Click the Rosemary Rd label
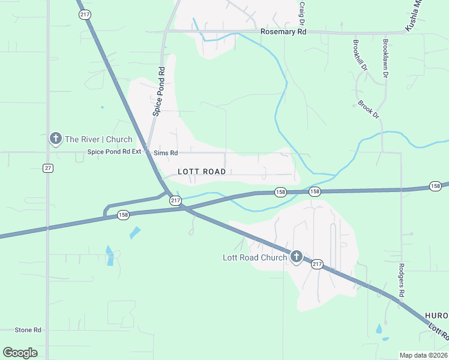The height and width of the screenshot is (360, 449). (283, 31)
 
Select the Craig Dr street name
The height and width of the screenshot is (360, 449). (302, 8)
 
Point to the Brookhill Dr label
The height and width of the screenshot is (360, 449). (360, 55)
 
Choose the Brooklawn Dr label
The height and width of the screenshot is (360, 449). (385, 58)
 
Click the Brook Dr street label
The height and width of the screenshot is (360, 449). (369, 109)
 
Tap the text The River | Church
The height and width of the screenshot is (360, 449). (98, 139)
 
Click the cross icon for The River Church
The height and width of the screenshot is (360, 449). (55, 139)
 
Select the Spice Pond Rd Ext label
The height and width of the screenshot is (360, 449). (114, 152)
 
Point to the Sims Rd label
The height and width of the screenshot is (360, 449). (166, 153)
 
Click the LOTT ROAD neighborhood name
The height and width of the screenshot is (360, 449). (202, 172)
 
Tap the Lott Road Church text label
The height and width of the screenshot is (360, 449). (255, 258)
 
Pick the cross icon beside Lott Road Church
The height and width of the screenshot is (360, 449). (296, 257)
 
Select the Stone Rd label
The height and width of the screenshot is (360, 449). (28, 330)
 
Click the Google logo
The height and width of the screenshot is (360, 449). (20, 353)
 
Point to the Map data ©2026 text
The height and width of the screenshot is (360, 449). (424, 355)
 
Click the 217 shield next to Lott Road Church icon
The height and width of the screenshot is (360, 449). (317, 263)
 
